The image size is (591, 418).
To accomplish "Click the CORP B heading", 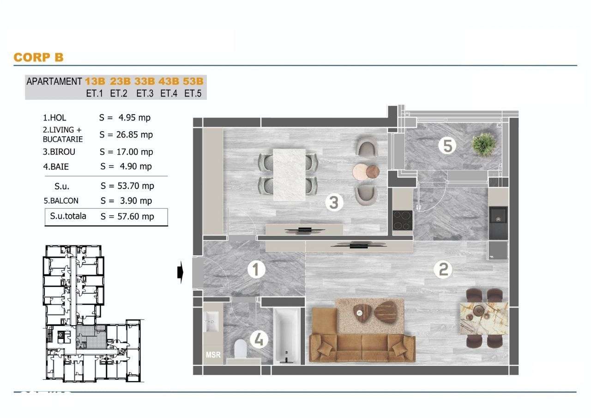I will (38, 57).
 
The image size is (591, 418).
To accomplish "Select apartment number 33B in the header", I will (145, 81).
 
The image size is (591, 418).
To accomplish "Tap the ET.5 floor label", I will (193, 93).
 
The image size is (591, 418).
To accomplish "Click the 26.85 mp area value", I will (126, 135).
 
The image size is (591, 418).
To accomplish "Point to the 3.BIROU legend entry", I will (59, 151).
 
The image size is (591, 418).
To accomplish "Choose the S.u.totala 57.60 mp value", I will (127, 216).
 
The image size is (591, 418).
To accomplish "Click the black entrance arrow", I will (181, 273).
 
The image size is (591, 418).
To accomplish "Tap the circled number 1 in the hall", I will (256, 270).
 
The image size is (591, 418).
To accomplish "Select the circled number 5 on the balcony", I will (446, 146).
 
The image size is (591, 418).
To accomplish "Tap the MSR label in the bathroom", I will (213, 355).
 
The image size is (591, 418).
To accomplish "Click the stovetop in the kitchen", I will (402, 220).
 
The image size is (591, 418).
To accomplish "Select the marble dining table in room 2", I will (483, 318).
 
